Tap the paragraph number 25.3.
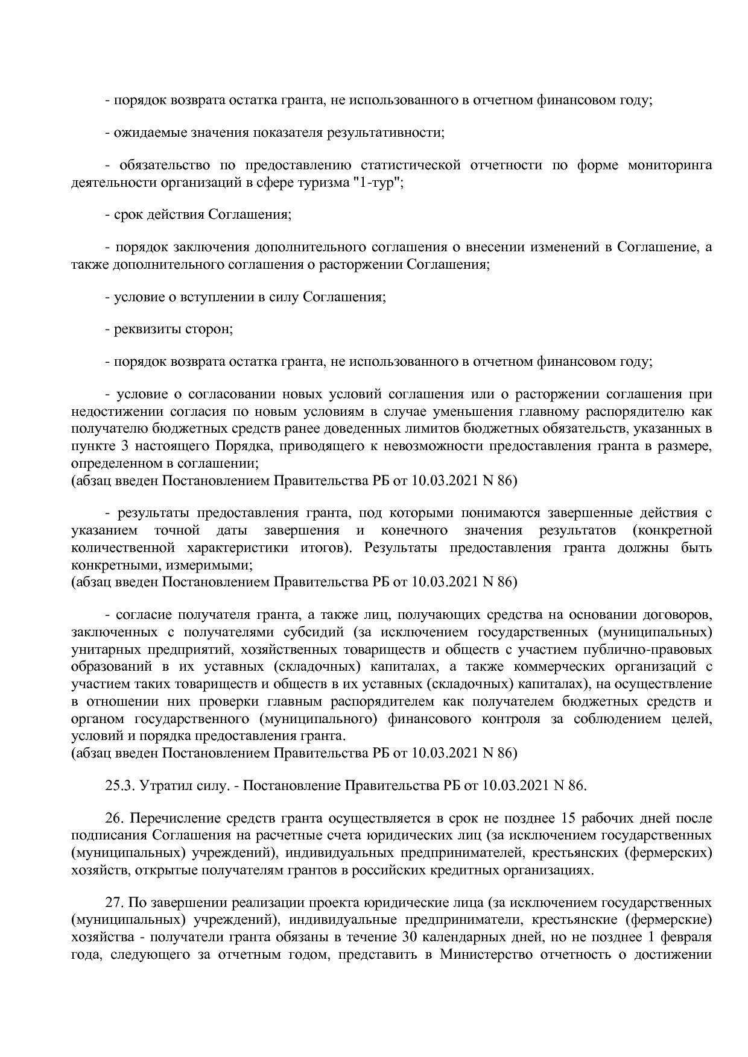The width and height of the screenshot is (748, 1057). click(x=121, y=786)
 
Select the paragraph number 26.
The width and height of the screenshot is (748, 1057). click(x=114, y=819)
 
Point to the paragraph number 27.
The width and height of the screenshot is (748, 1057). click(x=114, y=904)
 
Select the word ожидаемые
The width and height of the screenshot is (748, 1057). click(x=143, y=133)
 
